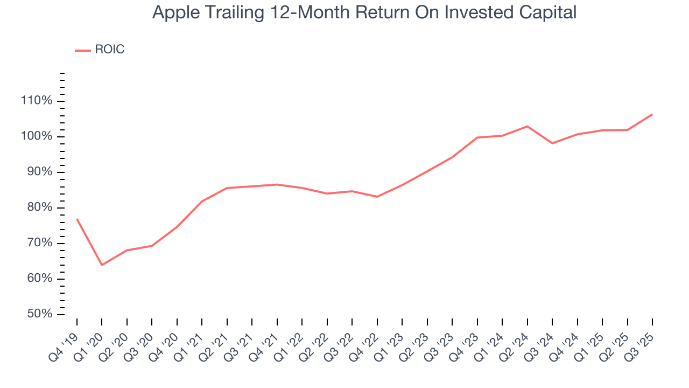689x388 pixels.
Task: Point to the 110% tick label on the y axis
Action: pyautogui.click(x=37, y=101)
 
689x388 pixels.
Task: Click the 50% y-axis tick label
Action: pyautogui.click(x=39, y=314)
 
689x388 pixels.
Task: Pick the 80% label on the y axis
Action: pyautogui.click(x=39, y=207)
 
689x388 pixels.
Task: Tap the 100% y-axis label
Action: pyautogui.click(x=37, y=136)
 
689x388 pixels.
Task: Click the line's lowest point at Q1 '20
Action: pyautogui.click(x=102, y=265)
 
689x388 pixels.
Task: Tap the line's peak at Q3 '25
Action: pyautogui.click(x=652, y=114)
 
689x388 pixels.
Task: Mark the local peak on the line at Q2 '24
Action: pyautogui.click(x=527, y=126)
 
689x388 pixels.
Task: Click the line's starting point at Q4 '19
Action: pyautogui.click(x=77, y=219)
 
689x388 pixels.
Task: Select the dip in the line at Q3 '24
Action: pyautogui.click(x=552, y=143)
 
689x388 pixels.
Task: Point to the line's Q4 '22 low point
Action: pyautogui.click(x=377, y=197)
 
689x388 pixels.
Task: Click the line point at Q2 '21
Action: pyautogui.click(x=227, y=188)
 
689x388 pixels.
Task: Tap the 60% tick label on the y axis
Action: pyautogui.click(x=39, y=279)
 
